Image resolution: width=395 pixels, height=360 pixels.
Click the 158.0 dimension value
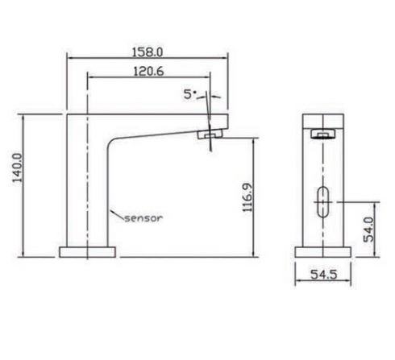[148, 52]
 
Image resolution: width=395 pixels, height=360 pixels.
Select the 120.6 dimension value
[148, 72]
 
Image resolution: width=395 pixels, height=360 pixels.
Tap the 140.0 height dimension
[18, 168]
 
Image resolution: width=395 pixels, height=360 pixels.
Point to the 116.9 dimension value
[247, 197]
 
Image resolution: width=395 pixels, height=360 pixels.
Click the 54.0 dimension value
[368, 230]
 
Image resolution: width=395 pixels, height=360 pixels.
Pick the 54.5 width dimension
[323, 275]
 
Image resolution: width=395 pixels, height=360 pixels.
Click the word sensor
[143, 218]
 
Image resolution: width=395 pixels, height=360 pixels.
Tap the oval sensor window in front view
[323, 202]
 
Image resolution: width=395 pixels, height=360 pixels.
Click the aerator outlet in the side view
[211, 134]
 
